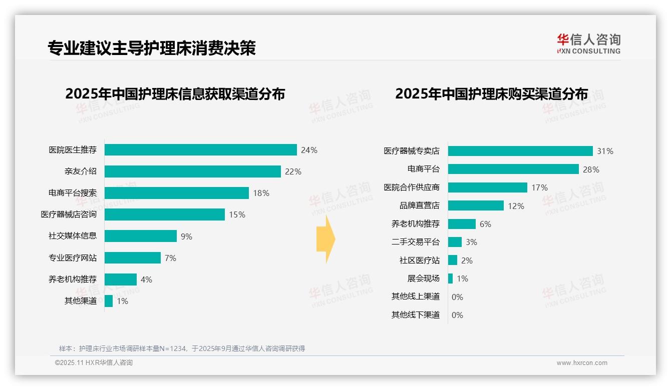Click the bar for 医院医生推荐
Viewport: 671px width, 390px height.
pos(200,150)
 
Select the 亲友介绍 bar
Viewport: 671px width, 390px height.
pos(192,171)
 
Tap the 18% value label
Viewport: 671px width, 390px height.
pos(261,193)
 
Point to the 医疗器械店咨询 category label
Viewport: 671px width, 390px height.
pos(69,214)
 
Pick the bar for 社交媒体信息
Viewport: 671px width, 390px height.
pos(140,236)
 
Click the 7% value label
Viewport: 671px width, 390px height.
pos(170,258)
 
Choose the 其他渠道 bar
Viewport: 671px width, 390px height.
pos(109,301)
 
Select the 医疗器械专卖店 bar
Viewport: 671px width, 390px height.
pos(520,151)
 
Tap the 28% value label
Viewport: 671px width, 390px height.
pos(591,169)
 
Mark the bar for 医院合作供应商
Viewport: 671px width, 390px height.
pos(487,187)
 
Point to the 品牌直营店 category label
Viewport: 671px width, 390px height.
pos(419,205)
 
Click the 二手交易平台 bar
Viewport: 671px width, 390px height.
pos(455,242)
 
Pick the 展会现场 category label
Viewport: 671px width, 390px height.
pos(423,278)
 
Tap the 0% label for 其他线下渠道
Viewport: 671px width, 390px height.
pos(457,315)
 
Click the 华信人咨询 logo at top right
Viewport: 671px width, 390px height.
pos(588,43)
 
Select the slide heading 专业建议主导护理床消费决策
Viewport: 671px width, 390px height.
pos(152,48)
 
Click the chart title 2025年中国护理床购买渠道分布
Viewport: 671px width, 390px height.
pos(491,94)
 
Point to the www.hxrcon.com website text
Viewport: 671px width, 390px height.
pos(581,363)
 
